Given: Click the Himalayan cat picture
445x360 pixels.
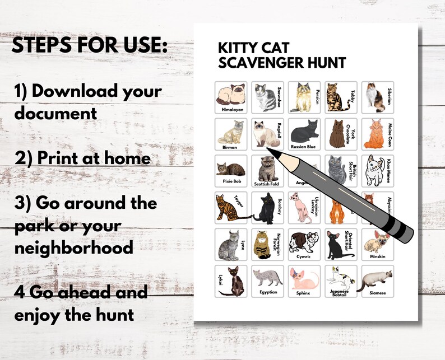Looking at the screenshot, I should click(229, 95).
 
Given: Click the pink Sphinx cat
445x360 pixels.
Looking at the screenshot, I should click(303, 278).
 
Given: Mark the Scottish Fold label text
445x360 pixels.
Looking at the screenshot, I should click(267, 183).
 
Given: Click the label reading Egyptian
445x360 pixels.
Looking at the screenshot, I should click(267, 292).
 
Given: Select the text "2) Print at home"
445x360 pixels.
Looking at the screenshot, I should click(83, 158).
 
